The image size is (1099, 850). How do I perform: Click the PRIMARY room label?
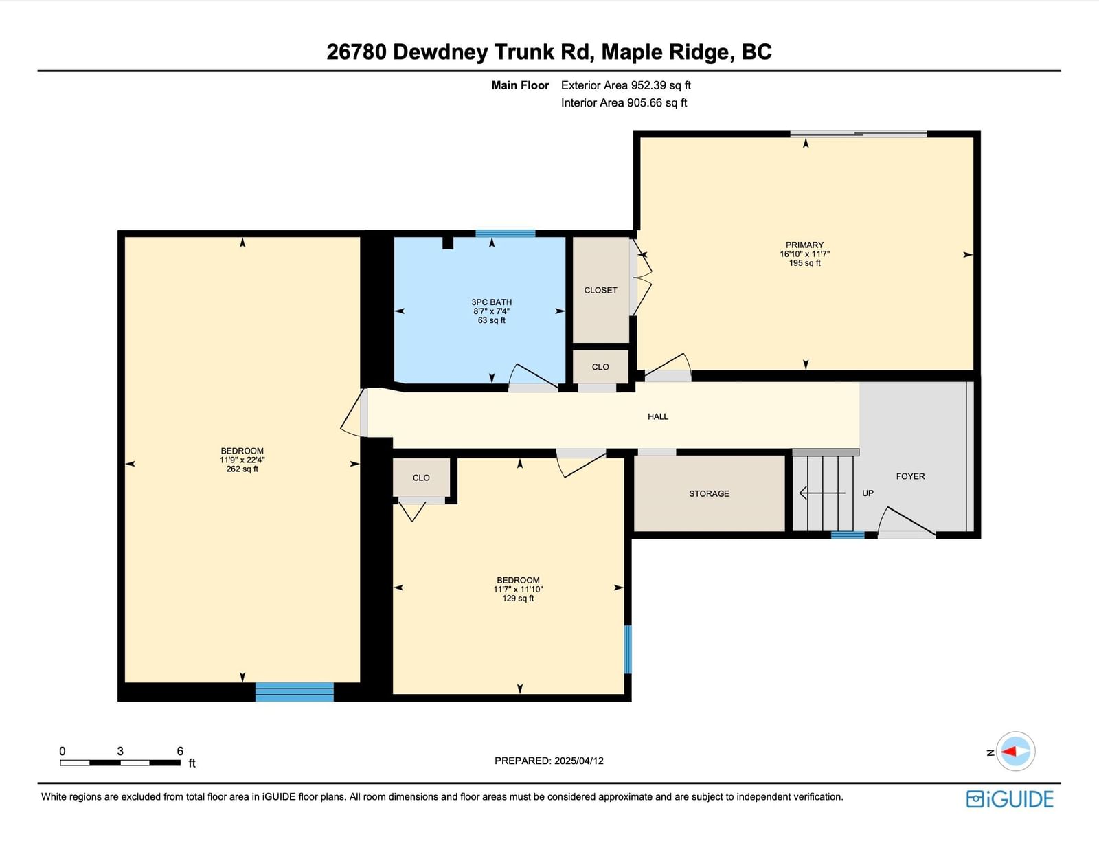point(804,245)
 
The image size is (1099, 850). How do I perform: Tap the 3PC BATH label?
point(491,302)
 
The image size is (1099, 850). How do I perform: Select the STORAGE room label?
point(709,493)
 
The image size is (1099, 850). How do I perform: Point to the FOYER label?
point(910,476)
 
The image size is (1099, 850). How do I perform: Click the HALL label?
point(658,416)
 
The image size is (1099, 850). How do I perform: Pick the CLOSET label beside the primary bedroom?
point(600,290)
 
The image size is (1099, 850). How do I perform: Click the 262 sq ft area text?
point(242,469)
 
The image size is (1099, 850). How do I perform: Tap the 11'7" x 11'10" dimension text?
point(518,589)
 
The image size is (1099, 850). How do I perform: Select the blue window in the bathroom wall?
point(506,234)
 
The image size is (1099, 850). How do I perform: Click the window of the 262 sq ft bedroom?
point(295,692)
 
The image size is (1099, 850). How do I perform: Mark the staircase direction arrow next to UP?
point(822,493)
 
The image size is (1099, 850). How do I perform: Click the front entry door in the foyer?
point(906,523)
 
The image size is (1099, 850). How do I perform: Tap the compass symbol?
point(1015,751)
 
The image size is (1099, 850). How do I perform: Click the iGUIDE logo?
point(1010,799)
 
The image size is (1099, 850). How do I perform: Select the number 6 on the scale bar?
point(180,751)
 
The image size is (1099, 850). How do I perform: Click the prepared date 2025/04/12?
point(578,761)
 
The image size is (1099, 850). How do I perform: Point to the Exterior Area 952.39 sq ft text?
point(626,85)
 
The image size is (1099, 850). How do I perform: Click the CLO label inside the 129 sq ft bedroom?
point(421,478)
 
